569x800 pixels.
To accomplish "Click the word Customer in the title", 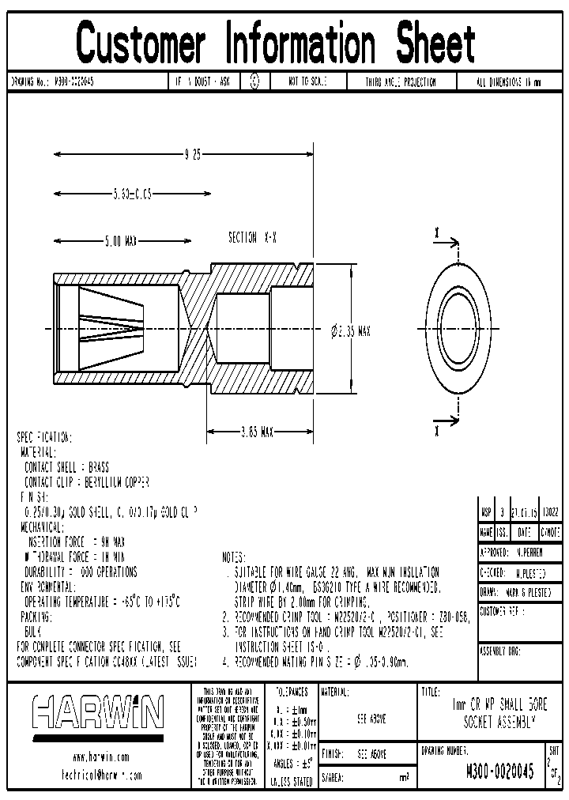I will (142, 43).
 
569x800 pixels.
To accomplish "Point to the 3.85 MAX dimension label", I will (257, 432).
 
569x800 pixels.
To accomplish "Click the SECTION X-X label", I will (251, 238).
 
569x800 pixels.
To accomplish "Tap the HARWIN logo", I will (98, 711).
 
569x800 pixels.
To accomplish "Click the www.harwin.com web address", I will (99, 757).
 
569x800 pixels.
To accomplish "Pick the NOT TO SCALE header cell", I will (307, 81).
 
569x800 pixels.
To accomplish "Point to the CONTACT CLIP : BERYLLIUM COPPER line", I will (87, 481).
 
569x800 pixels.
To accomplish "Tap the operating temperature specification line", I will (100, 602).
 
